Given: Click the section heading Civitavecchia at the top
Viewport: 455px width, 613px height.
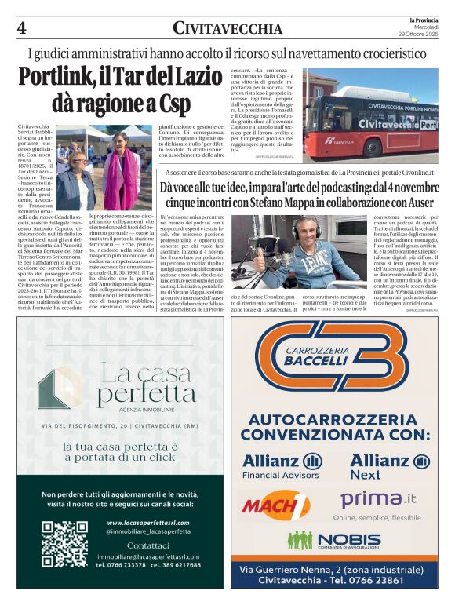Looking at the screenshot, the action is [x=227, y=29].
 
